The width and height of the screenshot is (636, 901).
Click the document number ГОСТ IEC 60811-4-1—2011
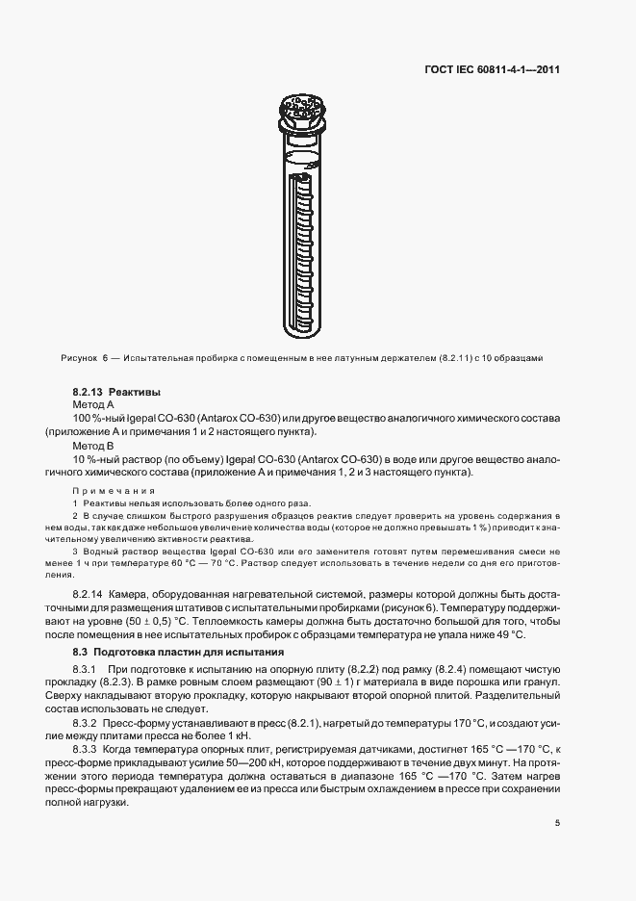pyautogui.click(x=493, y=69)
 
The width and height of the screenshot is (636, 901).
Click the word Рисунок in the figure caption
pyautogui.click(x=78, y=358)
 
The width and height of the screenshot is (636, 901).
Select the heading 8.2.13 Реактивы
pyautogui.click(x=115, y=393)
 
